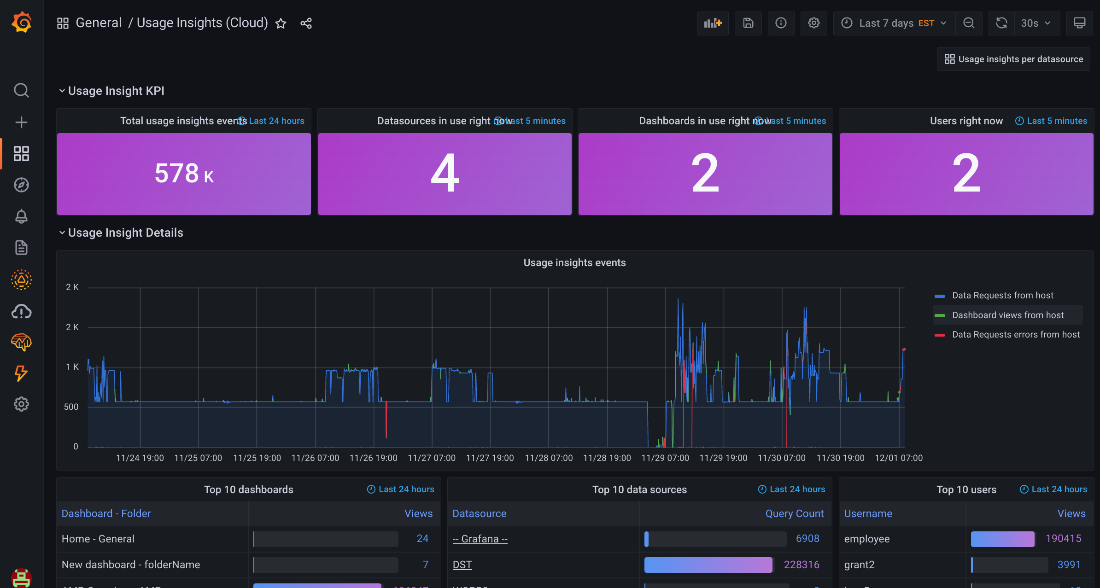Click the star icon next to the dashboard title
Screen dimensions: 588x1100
[281, 23]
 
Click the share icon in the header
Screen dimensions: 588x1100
[306, 23]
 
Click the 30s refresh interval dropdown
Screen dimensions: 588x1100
[1035, 23]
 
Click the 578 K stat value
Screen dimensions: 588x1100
[184, 174]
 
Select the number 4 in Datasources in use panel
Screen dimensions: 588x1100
[445, 174]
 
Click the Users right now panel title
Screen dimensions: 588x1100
[966, 121]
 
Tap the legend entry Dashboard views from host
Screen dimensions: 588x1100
[1007, 315]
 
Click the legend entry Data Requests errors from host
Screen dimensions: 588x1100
[1015, 335]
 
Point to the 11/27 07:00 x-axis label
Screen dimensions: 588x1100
[431, 458]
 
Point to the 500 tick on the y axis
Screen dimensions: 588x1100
[71, 407]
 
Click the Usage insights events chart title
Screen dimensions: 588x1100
[574, 263]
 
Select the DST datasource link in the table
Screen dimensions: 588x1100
[462, 565]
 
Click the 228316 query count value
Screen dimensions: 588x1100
[801, 565]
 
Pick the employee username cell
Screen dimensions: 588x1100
[866, 539]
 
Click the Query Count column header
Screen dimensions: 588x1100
[794, 514]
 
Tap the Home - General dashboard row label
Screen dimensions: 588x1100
[98, 539]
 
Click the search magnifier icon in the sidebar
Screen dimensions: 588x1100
[21, 90]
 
